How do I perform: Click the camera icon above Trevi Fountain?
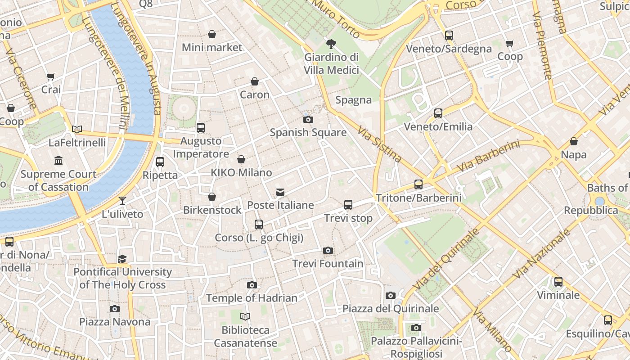click(328, 250)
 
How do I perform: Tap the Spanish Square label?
click(308, 132)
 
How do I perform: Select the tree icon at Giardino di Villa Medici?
click(331, 44)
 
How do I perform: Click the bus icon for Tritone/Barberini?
click(418, 184)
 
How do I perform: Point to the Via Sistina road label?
click(379, 144)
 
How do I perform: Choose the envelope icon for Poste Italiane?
click(280, 192)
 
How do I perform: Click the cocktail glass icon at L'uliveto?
click(122, 200)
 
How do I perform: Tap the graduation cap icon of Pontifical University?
click(122, 259)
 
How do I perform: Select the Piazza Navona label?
click(115, 322)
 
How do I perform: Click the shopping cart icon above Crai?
click(51, 76)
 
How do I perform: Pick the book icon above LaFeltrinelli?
click(77, 129)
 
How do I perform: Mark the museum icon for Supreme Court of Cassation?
click(58, 160)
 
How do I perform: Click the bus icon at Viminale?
click(558, 282)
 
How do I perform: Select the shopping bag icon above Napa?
click(574, 141)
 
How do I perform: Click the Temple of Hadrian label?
click(252, 298)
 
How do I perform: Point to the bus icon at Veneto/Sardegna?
click(449, 36)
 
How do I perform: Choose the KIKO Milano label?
click(241, 172)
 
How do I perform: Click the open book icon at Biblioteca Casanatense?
click(245, 316)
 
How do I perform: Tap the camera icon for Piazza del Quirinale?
click(390, 295)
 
